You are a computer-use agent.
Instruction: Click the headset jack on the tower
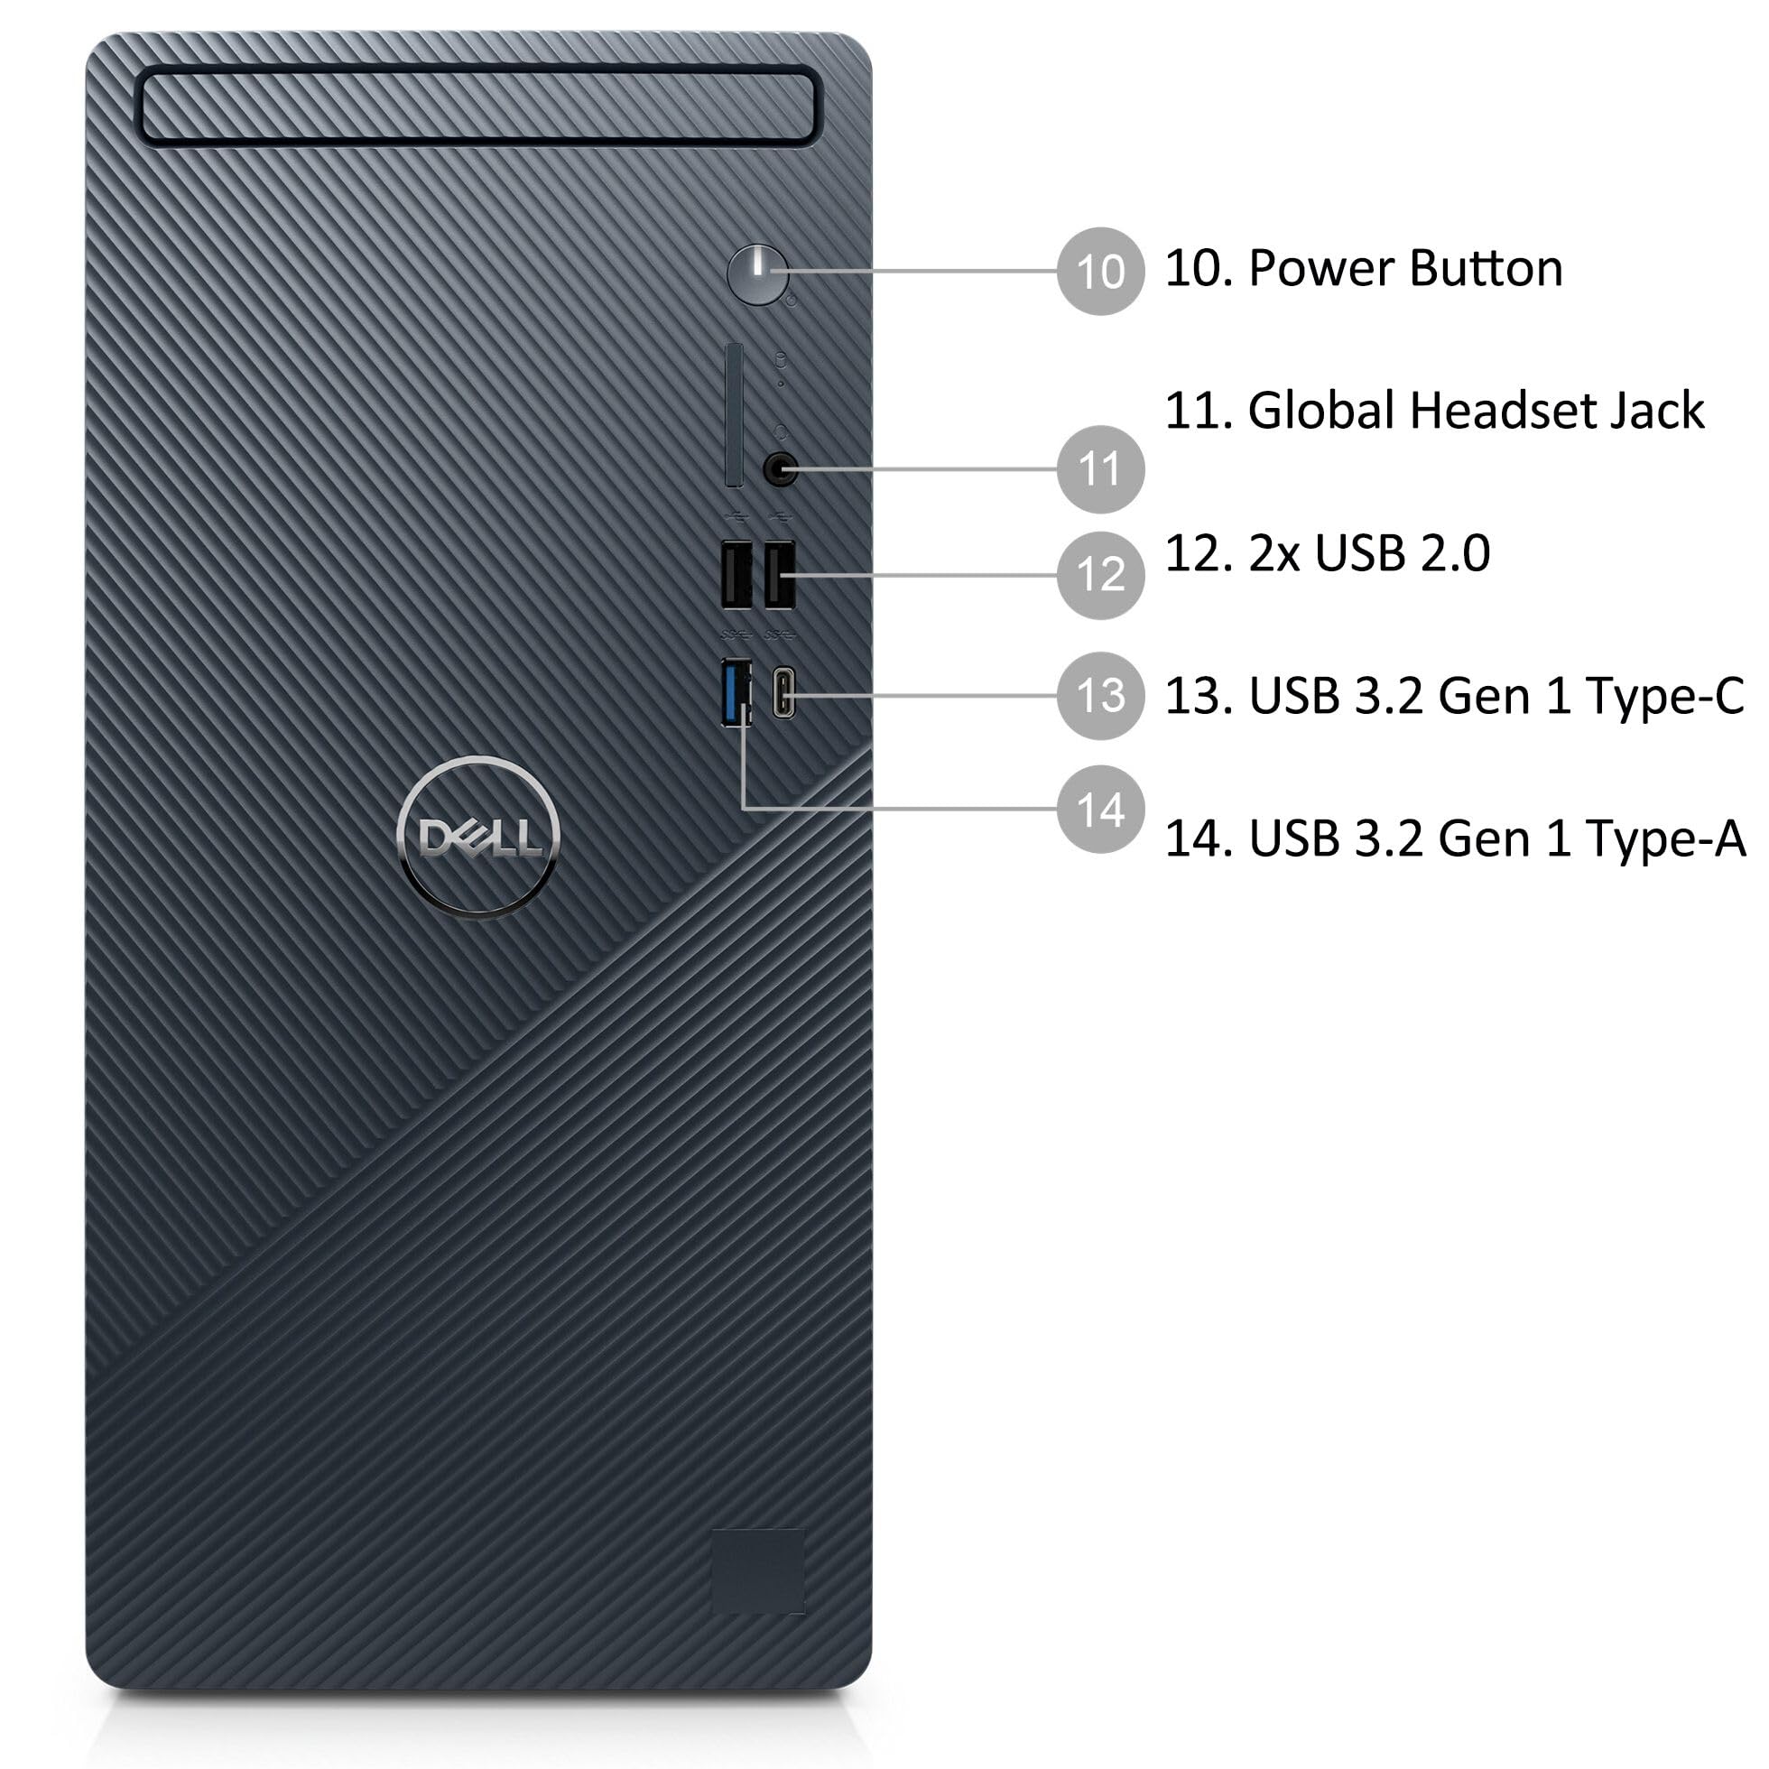[x=778, y=470]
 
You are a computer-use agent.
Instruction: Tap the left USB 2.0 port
[x=736, y=575]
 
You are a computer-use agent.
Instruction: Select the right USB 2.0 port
[x=779, y=575]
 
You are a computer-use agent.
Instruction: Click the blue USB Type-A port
[x=736, y=692]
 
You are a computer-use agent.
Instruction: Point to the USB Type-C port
[x=783, y=693]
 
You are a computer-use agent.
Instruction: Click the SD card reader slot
[x=734, y=416]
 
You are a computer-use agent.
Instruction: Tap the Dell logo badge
[x=478, y=837]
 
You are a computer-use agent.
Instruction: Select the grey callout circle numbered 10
[x=1099, y=272]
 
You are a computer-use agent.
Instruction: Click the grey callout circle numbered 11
[x=1099, y=468]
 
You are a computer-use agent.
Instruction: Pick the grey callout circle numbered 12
[x=1099, y=575]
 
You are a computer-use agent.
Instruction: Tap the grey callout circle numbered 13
[x=1099, y=695]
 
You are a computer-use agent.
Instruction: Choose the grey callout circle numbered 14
[x=1099, y=810]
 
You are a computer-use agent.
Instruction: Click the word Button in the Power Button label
[x=1486, y=269]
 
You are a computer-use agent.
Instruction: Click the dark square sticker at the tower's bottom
[x=758, y=1571]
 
